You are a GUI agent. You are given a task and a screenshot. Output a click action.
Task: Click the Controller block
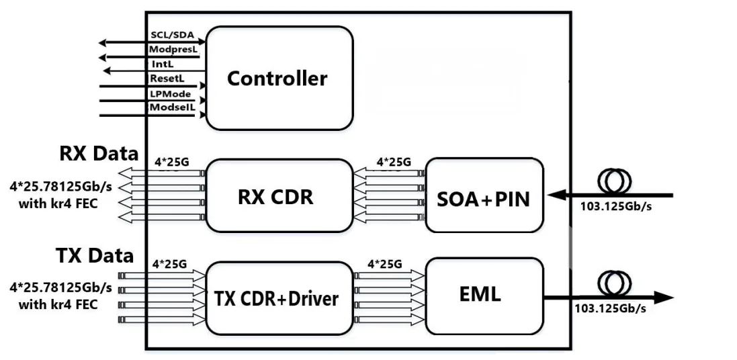tap(279, 78)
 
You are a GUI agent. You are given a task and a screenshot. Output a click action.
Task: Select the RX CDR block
tap(279, 195)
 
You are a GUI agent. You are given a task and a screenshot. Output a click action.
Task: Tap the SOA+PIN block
tap(484, 195)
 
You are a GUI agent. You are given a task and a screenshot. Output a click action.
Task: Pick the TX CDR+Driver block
tap(279, 298)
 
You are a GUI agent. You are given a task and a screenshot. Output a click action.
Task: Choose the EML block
tap(484, 295)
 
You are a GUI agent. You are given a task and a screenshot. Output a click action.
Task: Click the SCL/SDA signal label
tap(172, 35)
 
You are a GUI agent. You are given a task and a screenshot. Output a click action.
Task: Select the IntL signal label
tap(163, 63)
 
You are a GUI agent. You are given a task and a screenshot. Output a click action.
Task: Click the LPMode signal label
tap(170, 93)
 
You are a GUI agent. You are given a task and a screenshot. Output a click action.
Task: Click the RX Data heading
tap(99, 154)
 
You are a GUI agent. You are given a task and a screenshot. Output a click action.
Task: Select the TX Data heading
tap(95, 256)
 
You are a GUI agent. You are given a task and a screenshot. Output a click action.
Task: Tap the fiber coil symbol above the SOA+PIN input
tap(614, 181)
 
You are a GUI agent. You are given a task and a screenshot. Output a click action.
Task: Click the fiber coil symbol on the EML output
tap(614, 283)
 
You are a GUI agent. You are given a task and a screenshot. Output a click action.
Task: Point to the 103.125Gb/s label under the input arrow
tap(615, 206)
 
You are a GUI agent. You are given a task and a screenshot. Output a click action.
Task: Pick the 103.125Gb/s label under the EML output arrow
tap(609, 309)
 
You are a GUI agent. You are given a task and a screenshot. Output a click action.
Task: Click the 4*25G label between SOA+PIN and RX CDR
tap(394, 162)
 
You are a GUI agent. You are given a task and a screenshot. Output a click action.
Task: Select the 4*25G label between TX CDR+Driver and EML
tap(385, 264)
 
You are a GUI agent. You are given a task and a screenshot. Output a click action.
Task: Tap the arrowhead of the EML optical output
tap(664, 298)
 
